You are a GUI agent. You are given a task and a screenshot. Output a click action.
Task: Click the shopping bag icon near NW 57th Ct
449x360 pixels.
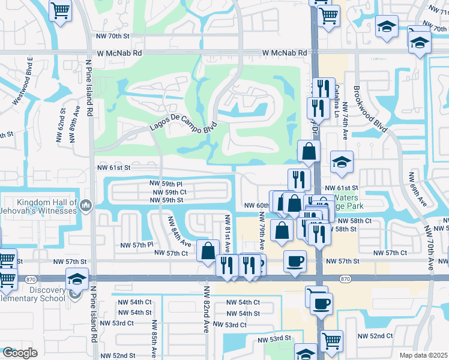208,252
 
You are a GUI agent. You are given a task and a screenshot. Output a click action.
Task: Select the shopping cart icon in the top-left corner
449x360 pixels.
60,10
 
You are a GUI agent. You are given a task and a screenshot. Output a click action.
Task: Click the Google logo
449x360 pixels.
20,352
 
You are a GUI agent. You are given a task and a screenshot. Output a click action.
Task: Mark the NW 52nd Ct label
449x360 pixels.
376,336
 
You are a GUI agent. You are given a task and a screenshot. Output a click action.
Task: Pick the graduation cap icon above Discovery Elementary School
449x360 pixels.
76,279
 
